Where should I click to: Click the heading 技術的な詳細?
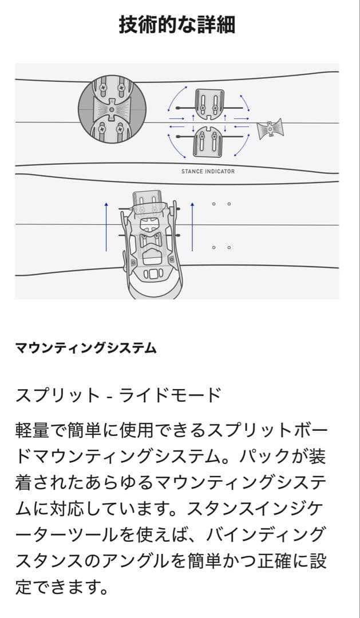pyautogui.click(x=177, y=25)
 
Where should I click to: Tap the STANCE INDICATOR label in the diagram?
pyautogui.click(x=208, y=171)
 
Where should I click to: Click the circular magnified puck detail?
pyautogui.click(x=112, y=109)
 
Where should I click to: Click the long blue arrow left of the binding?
pyautogui.click(x=106, y=226)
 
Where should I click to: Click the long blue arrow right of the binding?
pyautogui.click(x=193, y=226)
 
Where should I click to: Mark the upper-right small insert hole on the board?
pyautogui.click(x=229, y=203)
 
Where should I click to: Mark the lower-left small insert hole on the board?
pyautogui.click(x=213, y=247)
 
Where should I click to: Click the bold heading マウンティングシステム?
pyautogui.click(x=85, y=347)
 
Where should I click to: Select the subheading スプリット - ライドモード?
pyautogui.click(x=118, y=395)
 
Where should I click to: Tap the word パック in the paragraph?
pyautogui.click(x=271, y=457)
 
